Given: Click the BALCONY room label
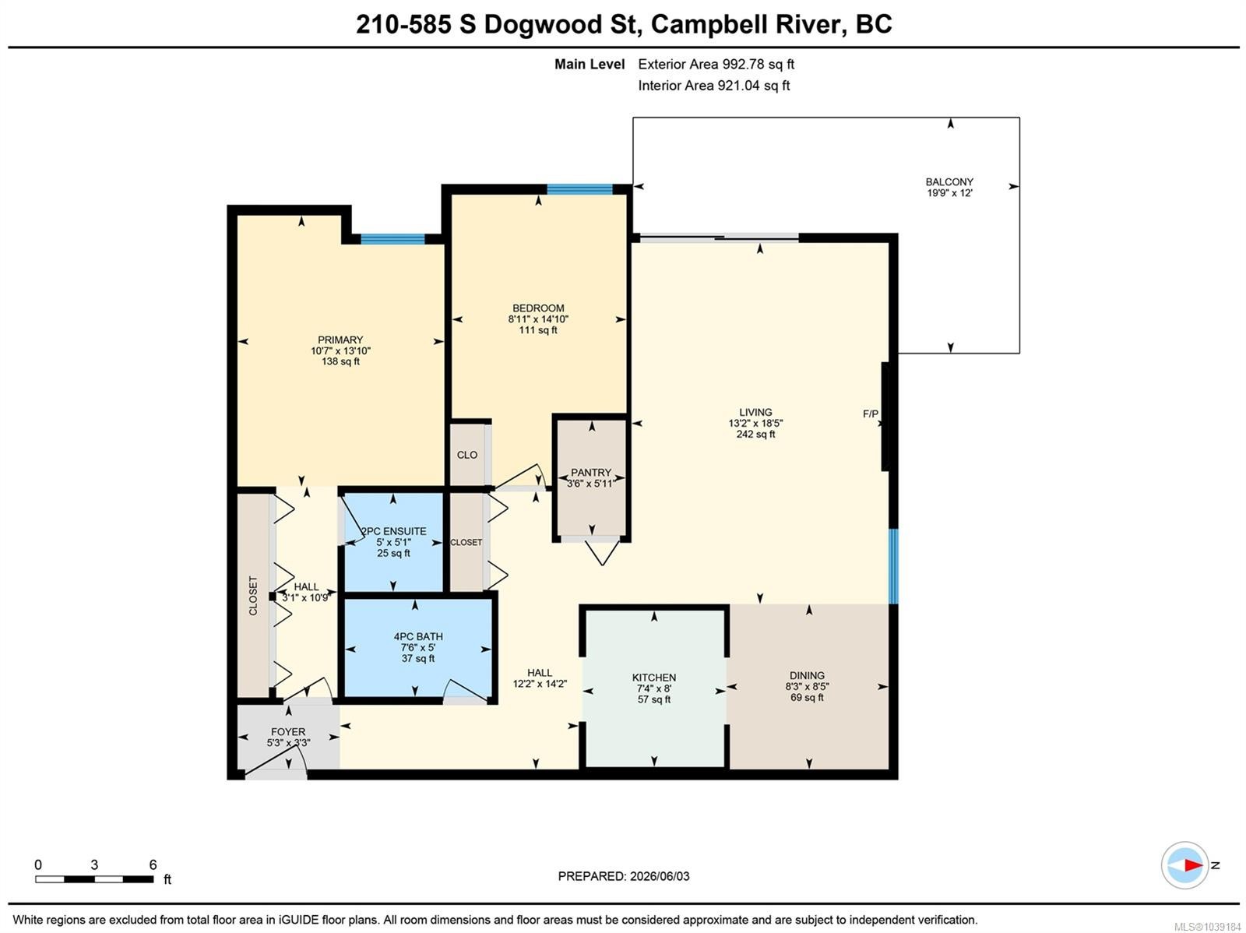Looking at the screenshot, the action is click(x=949, y=182).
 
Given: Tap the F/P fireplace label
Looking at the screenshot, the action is click(x=870, y=414).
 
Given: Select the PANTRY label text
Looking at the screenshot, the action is click(x=590, y=473).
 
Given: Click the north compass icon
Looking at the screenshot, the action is click(x=1184, y=865).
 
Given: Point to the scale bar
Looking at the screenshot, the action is click(x=94, y=879).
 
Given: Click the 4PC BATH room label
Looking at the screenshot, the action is click(x=417, y=637).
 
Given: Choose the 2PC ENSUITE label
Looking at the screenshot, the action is click(x=394, y=531).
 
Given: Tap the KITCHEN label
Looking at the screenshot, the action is click(x=653, y=678).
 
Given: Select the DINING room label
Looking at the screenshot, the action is click(x=806, y=675).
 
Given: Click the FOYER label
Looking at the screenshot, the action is click(x=288, y=732).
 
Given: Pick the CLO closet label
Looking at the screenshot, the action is click(x=466, y=455).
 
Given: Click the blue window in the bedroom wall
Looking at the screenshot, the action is click(x=579, y=189).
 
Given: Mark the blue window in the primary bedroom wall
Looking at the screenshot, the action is click(x=392, y=239).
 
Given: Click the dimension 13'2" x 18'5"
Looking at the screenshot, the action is click(x=755, y=424).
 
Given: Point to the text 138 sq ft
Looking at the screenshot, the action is click(x=340, y=361).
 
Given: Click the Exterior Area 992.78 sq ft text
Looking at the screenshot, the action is click(x=715, y=64).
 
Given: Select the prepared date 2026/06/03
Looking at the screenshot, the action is click(x=659, y=876).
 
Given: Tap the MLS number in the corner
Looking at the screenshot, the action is click(x=1207, y=927).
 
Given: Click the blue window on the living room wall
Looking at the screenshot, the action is click(x=893, y=566).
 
